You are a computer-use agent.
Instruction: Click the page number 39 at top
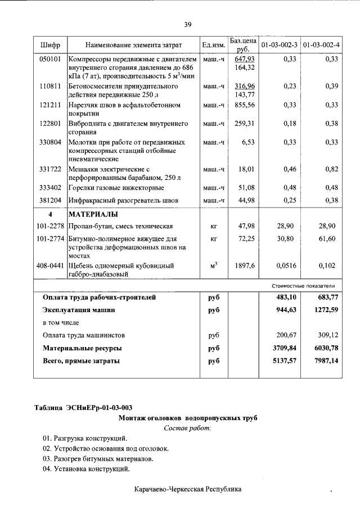[188, 24]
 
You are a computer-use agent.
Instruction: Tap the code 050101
[50, 59]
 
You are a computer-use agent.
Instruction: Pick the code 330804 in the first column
[50, 142]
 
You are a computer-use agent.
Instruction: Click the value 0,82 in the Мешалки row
[331, 169]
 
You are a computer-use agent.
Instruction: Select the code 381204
[50, 200]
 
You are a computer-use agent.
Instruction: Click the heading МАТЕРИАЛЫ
[93, 215]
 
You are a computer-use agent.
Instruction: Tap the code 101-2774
[50, 239]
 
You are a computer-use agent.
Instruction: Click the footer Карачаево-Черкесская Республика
[188, 489]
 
